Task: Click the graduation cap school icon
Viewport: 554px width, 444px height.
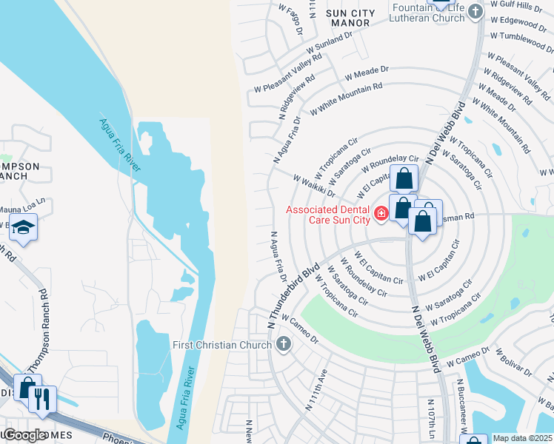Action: point(24,228)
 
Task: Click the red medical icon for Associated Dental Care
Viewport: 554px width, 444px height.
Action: point(381,214)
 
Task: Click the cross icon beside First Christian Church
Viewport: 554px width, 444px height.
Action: point(282,344)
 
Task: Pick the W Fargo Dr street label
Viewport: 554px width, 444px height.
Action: point(291,18)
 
